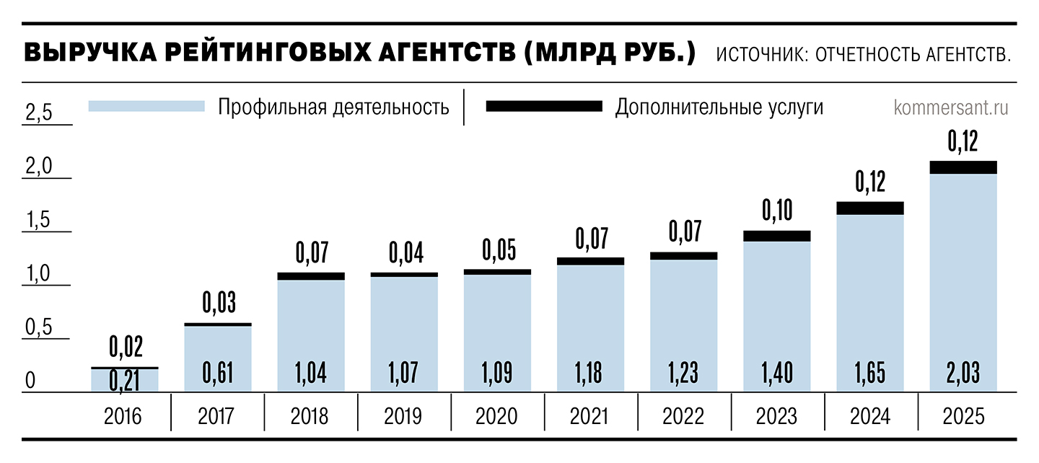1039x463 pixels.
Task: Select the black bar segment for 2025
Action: (963, 167)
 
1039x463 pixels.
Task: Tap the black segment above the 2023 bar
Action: (776, 236)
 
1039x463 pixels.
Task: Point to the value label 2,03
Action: (963, 374)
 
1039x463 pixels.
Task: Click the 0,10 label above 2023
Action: (777, 210)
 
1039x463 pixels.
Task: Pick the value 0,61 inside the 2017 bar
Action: (218, 374)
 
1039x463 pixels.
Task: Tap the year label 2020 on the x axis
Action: (497, 416)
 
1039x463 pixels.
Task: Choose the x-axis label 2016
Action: (124, 416)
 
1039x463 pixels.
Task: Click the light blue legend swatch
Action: (146, 106)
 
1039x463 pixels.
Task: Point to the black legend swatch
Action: (543, 106)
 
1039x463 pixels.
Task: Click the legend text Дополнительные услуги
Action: (719, 107)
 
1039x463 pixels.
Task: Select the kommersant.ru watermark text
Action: (951, 107)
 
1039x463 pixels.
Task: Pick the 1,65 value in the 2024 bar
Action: (870, 374)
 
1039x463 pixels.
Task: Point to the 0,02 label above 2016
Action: (126, 348)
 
